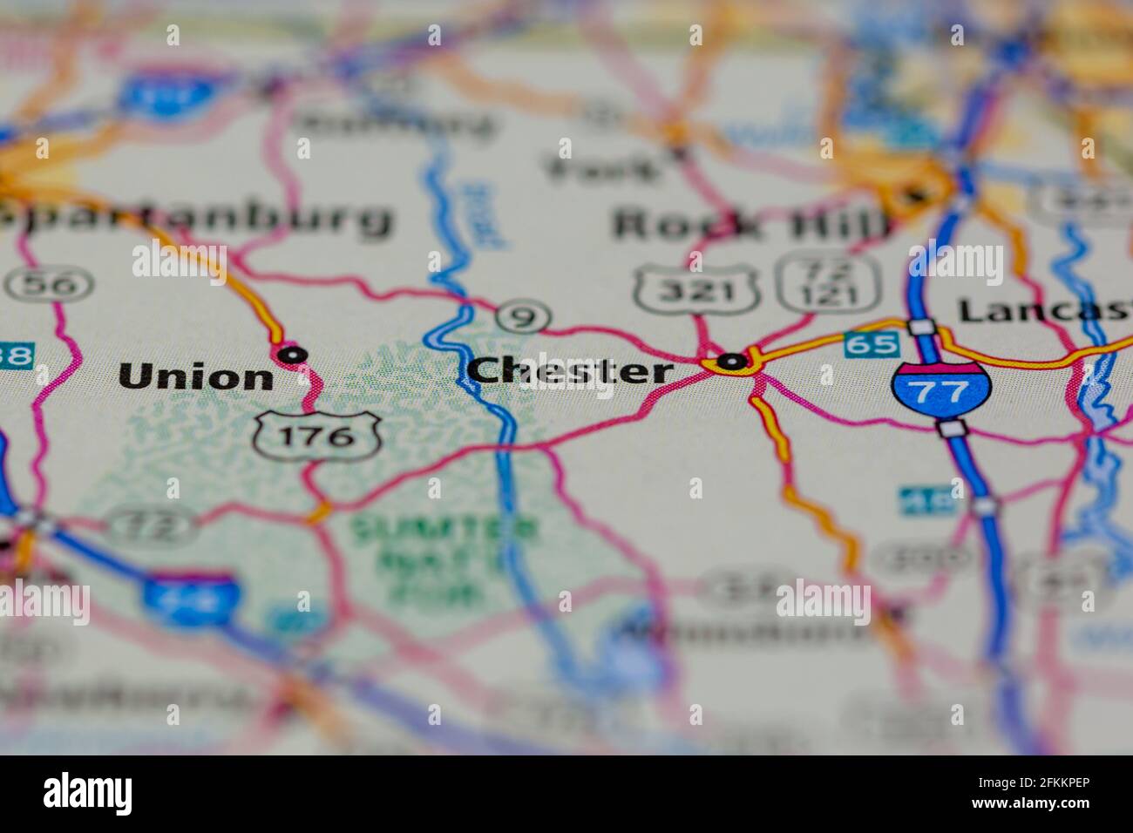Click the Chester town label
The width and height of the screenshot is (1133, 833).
coord(571,372)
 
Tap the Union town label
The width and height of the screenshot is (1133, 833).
coord(196,377)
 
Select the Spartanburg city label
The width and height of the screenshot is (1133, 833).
coord(196,218)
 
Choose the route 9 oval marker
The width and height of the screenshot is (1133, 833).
coord(523,317)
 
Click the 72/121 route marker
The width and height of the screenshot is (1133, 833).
coord(828,282)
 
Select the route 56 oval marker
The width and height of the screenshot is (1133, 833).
coord(49,284)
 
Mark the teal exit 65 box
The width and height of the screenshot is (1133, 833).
coord(872,344)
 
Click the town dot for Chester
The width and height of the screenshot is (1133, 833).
coord(732,360)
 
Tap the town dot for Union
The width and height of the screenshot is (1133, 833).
coord(292,354)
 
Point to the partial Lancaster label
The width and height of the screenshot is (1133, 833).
coord(1044,310)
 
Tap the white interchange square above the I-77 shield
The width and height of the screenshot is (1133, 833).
coord(921,327)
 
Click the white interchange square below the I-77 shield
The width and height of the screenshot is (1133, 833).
coord(952,428)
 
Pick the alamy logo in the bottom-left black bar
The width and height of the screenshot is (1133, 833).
coord(88,794)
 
